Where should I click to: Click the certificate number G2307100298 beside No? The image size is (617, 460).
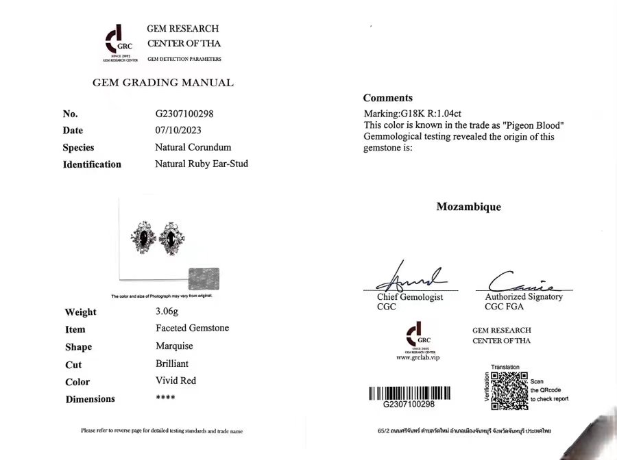point(189,114)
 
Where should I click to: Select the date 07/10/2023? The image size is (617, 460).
point(179,130)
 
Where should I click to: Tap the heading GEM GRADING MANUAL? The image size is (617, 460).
point(162,83)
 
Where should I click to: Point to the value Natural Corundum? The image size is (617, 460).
point(193,147)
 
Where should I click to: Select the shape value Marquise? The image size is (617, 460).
point(174,346)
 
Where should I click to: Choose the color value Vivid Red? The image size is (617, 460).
point(176,381)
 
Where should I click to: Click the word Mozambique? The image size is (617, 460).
point(468,207)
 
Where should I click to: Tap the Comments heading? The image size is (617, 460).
point(387,98)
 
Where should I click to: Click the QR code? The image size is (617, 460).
point(509,391)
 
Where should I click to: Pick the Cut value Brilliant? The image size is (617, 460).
point(172,363)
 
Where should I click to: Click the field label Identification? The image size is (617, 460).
point(92,164)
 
